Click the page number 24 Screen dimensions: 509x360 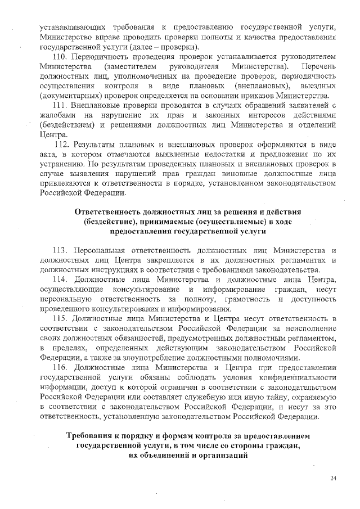333,478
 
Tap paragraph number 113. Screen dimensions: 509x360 60,250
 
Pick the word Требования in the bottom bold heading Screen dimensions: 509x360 92,436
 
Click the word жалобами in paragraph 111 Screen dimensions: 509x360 57,115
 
